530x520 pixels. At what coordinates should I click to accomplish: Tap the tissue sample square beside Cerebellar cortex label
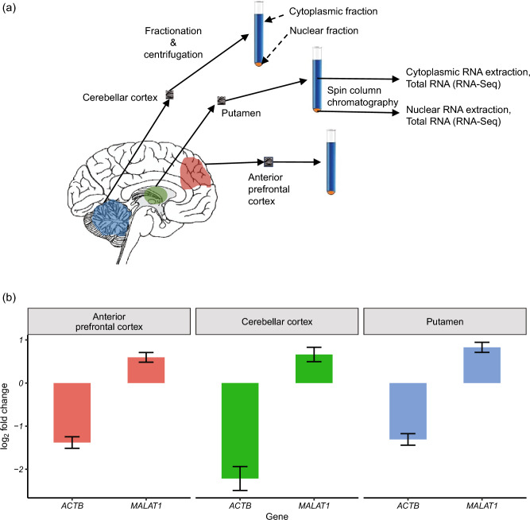[168, 95]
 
